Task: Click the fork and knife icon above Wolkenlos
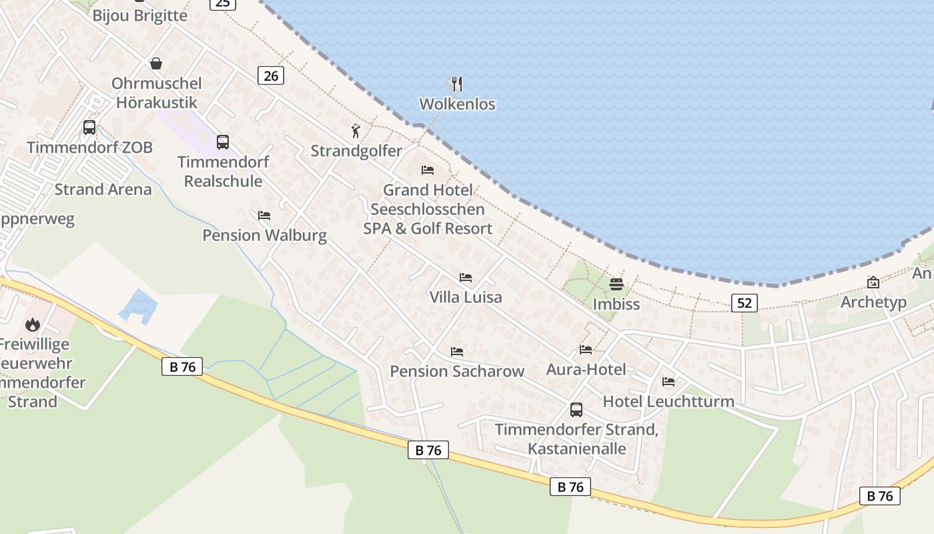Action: pos(457,84)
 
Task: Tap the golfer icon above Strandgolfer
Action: pos(356,131)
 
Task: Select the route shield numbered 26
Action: pos(271,75)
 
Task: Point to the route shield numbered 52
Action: pos(745,303)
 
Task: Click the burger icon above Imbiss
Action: pos(616,284)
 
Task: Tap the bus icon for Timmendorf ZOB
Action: pos(89,127)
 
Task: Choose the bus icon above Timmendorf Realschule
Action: pos(223,142)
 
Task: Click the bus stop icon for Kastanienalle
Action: pos(576,409)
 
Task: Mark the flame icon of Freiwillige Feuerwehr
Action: pos(32,324)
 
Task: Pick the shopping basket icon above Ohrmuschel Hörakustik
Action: pos(156,63)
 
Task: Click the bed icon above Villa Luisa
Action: pos(466,277)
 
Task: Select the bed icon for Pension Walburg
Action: pos(264,215)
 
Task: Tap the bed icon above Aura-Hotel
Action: pos(586,349)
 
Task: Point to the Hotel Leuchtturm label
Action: pos(668,401)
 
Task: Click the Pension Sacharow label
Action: pos(457,371)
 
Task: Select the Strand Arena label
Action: pos(103,190)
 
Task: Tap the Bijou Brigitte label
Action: pos(140,16)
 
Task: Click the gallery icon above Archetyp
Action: pos(873,282)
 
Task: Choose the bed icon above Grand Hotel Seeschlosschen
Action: pos(428,170)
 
